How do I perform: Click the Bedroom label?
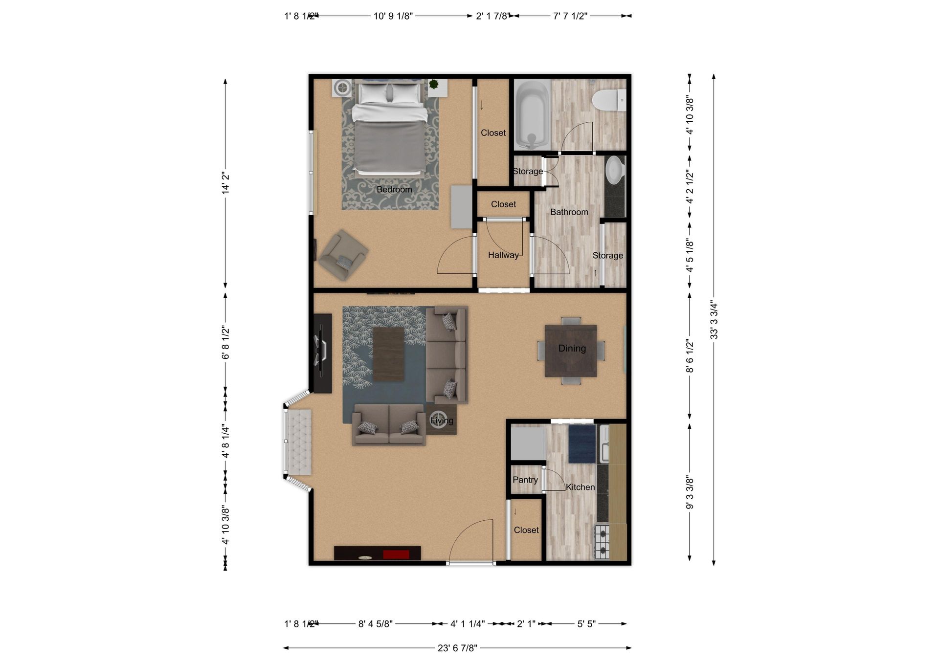394,189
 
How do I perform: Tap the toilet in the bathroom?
609,100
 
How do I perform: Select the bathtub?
532,114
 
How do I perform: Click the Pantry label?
525,480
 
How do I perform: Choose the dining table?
571,350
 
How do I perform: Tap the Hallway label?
503,255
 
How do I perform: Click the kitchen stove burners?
602,542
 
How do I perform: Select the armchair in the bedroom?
342,255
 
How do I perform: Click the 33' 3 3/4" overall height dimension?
714,319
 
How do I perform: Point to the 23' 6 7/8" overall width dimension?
457,648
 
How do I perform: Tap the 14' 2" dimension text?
225,182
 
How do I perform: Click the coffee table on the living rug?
388,354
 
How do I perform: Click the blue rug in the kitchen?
581,443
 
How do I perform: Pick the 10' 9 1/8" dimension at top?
393,16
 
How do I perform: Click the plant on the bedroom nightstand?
433,84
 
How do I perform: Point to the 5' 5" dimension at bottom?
586,624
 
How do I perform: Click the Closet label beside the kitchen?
526,530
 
